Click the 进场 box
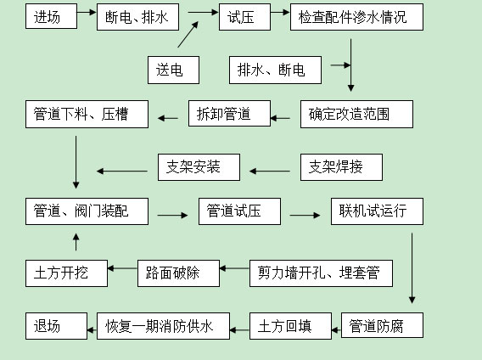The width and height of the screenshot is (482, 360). point(51,17)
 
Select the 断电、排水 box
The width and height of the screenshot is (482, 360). point(137,17)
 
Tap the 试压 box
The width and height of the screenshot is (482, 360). point(244,17)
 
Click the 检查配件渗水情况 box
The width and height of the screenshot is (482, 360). point(356,17)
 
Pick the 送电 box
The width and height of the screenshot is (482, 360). point(173,70)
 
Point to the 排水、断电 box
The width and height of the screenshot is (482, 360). point(275,70)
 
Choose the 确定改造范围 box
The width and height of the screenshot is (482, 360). point(356,114)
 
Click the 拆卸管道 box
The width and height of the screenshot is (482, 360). point(229,113)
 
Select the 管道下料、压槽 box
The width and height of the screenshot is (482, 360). point(87,114)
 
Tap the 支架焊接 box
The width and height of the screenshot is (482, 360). point(341,167)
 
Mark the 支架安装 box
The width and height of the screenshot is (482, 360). point(199,167)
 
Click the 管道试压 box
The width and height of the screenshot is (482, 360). point(239,211)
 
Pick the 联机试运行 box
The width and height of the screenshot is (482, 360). point(377,211)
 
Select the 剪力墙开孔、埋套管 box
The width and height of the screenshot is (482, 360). point(321,273)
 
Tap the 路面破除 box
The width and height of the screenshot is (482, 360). point(178,273)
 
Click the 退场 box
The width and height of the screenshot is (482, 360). point(56,326)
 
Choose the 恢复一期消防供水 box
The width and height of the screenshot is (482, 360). point(163,326)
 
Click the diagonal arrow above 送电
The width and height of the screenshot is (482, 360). point(188,35)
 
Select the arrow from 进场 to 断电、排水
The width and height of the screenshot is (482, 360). point(87,12)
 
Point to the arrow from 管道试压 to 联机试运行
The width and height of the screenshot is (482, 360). point(305,215)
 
